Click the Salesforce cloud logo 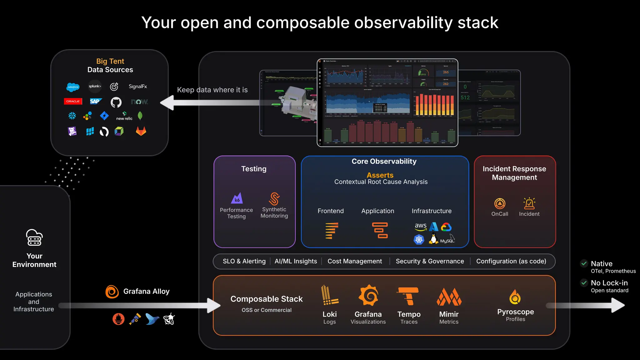[x=73, y=87]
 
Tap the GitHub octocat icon [x=116, y=102]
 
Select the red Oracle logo [x=73, y=101]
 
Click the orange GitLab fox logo [x=141, y=131]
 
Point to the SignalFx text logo [x=137, y=87]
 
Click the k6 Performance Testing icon [x=237, y=198]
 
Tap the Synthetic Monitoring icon [x=274, y=198]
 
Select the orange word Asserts [x=380, y=175]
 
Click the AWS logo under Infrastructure [x=420, y=227]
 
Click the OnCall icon [x=500, y=203]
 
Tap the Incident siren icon [x=529, y=203]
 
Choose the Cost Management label [x=354, y=261]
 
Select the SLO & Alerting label [x=244, y=261]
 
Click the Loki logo [x=329, y=295]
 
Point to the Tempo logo [x=408, y=296]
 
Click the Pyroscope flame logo [x=515, y=297]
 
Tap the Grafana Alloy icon [x=112, y=292]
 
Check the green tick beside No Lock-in [x=584, y=283]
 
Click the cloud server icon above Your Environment [x=34, y=238]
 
